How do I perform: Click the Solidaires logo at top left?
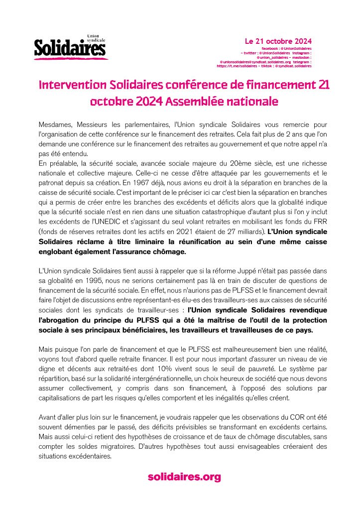(70, 47)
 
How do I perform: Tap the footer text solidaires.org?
(184, 477)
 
